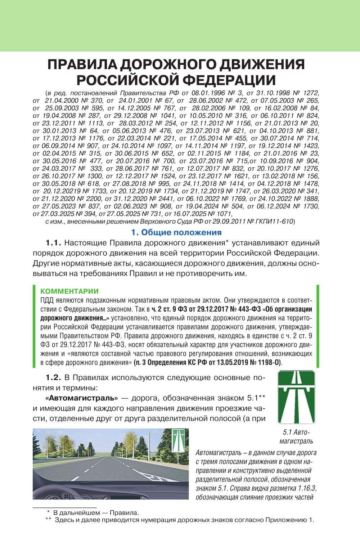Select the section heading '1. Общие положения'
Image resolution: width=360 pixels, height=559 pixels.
point(176,232)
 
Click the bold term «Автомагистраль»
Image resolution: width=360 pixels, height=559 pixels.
point(82,398)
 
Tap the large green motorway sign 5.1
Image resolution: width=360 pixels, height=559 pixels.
point(296,397)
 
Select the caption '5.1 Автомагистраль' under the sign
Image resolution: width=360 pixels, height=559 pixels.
point(296,437)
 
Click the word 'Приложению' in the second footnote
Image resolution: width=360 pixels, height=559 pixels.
point(283,520)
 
